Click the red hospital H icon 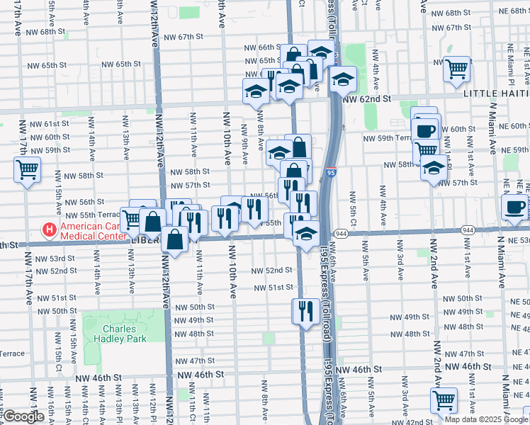click(x=50, y=230)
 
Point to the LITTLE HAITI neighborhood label click(x=496, y=93)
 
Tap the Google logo click(x=25, y=416)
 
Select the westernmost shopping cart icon click(x=27, y=169)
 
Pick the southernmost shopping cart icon click(x=444, y=399)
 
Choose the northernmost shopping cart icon click(x=457, y=68)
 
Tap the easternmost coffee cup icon click(x=514, y=206)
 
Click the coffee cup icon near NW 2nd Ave click(x=426, y=130)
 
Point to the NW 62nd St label click(x=367, y=100)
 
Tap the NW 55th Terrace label click(x=93, y=215)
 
